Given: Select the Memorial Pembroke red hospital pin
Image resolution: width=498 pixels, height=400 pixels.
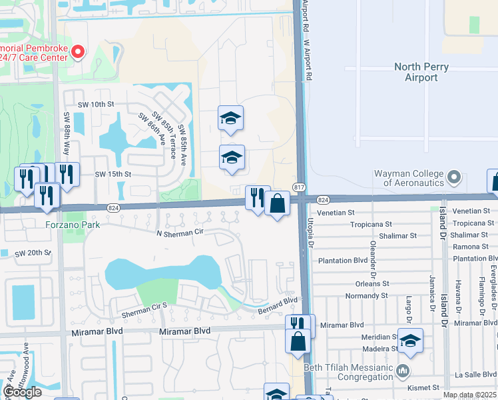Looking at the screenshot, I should (x=78, y=51).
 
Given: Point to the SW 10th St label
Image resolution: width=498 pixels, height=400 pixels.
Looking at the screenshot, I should (x=96, y=105).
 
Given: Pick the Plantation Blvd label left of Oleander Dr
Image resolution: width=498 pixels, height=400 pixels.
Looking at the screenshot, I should (x=343, y=261).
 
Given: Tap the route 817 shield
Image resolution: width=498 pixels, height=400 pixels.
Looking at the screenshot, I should (x=299, y=189).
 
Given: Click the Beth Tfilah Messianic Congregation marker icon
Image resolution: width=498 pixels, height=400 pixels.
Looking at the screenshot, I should (x=401, y=370).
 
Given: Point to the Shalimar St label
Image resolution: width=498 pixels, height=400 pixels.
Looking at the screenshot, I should (x=395, y=235).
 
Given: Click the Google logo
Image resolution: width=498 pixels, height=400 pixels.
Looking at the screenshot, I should (x=22, y=392).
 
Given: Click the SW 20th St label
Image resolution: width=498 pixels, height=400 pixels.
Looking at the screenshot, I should (x=35, y=253).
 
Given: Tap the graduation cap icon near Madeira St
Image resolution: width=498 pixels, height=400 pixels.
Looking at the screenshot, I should (x=411, y=341).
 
